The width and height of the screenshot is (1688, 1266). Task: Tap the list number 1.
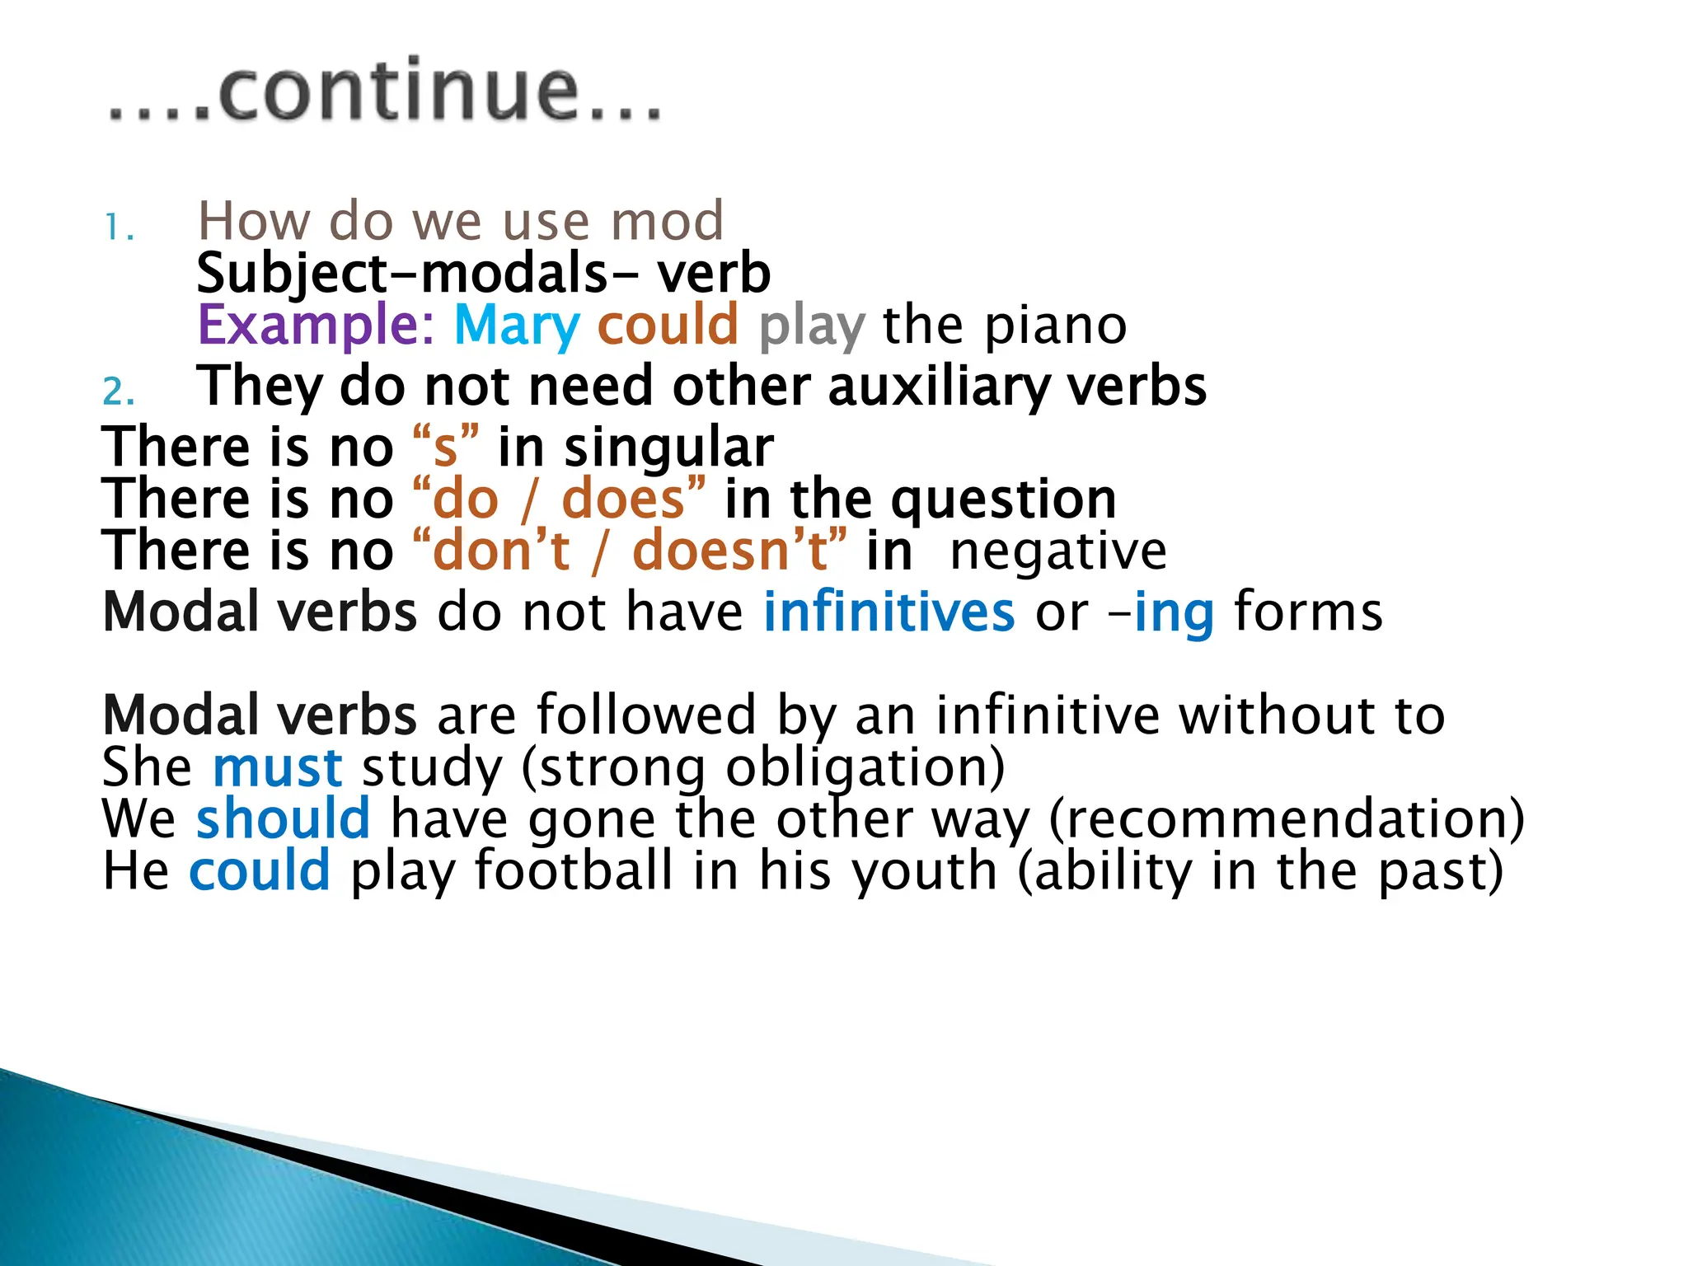pos(119,227)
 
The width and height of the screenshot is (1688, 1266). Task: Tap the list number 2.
pos(119,391)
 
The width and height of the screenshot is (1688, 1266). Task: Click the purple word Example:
pos(316,325)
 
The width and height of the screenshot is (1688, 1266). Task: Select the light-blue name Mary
pos(517,325)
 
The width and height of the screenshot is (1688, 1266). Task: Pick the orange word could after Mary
pos(668,325)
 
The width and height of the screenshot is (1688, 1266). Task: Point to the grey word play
pos(812,326)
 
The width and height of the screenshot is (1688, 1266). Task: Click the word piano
pos(1057,325)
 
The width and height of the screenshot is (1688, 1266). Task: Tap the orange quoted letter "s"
pos(445,448)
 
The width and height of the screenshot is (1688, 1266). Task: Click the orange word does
pos(624,499)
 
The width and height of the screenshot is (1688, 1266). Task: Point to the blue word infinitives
pos(889,612)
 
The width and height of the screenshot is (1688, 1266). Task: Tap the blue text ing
pos(1174,613)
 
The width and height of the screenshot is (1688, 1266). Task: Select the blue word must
pos(277,767)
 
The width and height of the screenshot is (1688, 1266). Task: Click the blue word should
pos(283,819)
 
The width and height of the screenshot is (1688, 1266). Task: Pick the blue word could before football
pos(260,871)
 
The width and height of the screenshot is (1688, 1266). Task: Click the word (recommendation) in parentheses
pos(1287,819)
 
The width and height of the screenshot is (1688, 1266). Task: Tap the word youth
pos(924,872)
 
